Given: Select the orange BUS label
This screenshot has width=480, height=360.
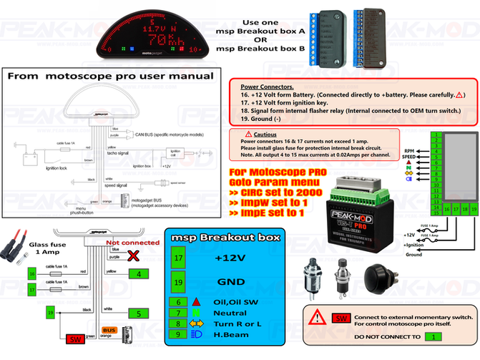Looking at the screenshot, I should (109, 331).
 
